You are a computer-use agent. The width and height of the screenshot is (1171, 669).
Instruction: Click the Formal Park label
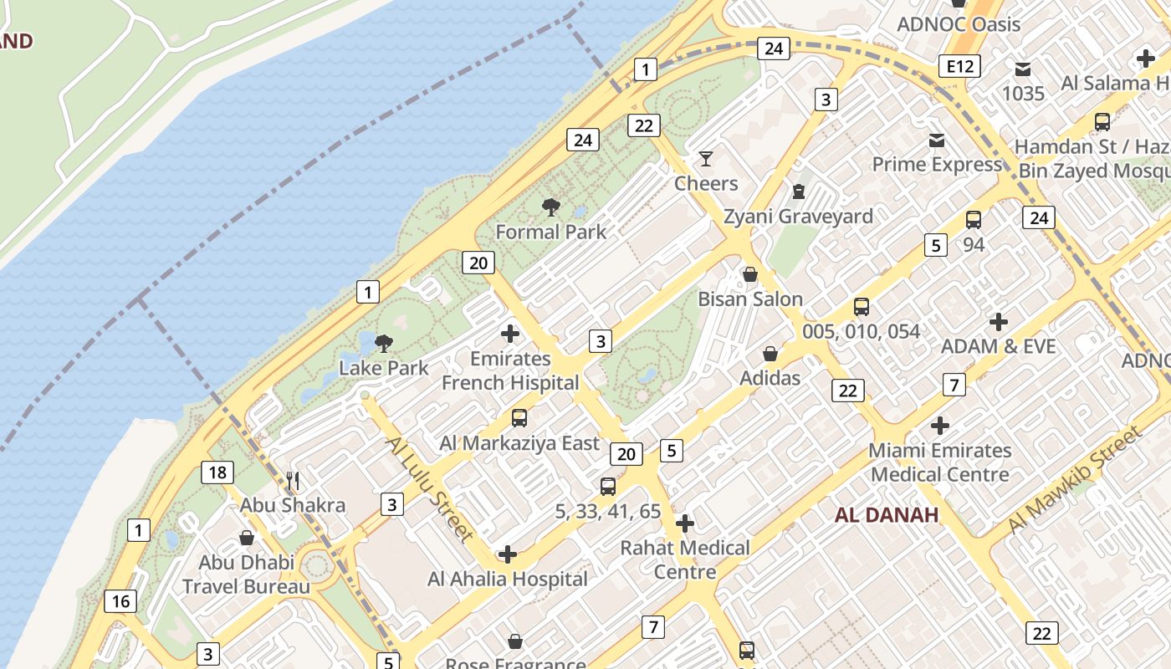(x=550, y=231)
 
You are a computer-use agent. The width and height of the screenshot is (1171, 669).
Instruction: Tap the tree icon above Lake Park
(x=384, y=343)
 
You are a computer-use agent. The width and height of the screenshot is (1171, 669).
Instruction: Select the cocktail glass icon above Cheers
(x=706, y=158)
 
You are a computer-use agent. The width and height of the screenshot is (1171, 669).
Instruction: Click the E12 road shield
(x=959, y=66)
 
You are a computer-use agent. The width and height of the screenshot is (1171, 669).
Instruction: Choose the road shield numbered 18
(x=217, y=472)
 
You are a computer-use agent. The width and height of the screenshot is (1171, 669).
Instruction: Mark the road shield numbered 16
(x=120, y=600)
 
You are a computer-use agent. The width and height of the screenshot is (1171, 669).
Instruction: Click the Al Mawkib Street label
(x=1074, y=480)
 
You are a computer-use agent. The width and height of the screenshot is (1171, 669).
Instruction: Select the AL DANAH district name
(x=887, y=514)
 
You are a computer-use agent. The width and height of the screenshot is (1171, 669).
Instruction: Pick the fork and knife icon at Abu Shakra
(x=293, y=481)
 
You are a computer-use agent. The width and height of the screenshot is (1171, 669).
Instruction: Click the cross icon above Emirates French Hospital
(x=509, y=334)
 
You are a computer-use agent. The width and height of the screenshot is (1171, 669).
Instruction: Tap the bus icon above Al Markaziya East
(x=519, y=418)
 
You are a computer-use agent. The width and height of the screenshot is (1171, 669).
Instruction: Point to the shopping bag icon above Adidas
(x=770, y=354)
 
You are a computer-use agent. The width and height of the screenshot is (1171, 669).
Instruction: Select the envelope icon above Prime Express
(x=936, y=140)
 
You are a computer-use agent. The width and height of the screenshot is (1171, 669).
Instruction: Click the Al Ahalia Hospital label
(x=508, y=579)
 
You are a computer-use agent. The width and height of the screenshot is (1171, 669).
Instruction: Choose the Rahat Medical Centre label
(x=685, y=559)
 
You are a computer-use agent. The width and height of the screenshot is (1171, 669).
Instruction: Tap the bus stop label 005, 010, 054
(x=861, y=331)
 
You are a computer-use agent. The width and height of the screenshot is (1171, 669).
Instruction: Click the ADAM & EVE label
(x=998, y=346)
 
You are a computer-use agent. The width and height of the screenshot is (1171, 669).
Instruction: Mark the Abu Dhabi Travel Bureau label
(x=246, y=574)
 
